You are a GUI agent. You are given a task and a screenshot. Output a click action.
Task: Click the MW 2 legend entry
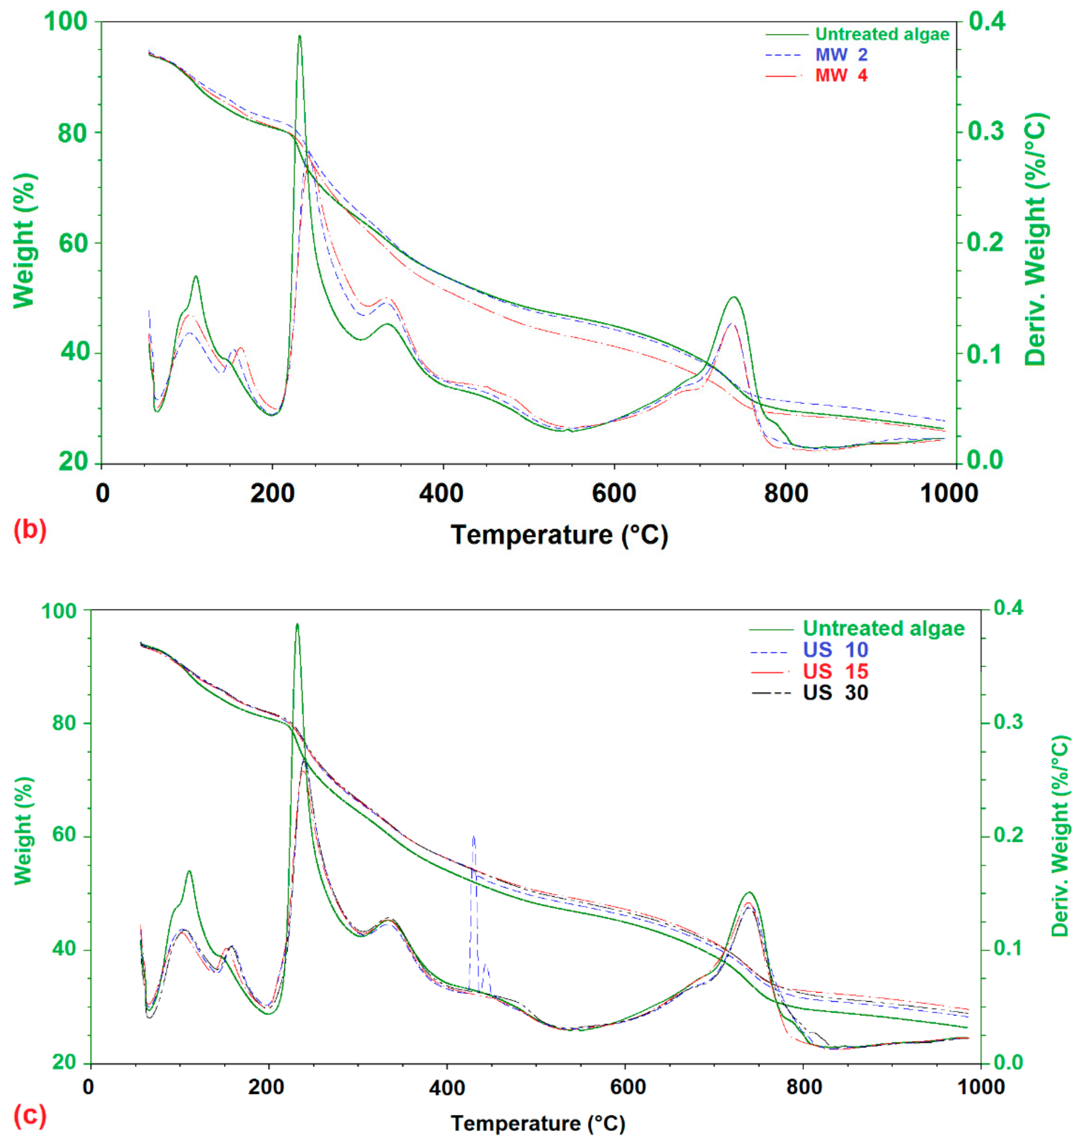pyautogui.click(x=841, y=55)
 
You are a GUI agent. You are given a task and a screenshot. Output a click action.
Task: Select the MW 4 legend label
pyautogui.click(x=841, y=76)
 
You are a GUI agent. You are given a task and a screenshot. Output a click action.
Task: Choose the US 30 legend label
pyautogui.click(x=835, y=692)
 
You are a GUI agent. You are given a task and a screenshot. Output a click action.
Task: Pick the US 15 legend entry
pyautogui.click(x=835, y=671)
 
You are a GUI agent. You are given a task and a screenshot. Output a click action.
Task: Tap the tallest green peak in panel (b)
pyautogui.click(x=299, y=37)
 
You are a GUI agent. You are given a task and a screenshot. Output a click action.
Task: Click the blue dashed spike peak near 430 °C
pyautogui.click(x=473, y=836)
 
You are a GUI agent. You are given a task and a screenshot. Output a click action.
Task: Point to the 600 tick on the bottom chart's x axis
pyautogui.click(x=627, y=1087)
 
